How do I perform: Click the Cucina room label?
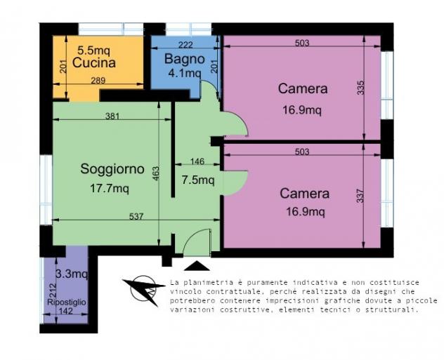(93, 62)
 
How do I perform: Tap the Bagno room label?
(185, 59)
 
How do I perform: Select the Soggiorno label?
(112, 169)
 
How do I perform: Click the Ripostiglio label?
(67, 302)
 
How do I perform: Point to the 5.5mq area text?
(93, 51)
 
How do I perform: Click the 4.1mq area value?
(185, 73)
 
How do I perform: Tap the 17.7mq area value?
(110, 188)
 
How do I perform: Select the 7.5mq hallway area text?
(198, 180)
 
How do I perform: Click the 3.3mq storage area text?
(72, 274)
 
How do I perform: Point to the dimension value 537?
(136, 216)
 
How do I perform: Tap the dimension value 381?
(112, 116)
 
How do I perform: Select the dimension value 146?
(197, 161)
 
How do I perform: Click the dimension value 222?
(185, 45)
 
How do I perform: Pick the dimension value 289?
(98, 81)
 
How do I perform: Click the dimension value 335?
(360, 88)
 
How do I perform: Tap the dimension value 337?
(360, 196)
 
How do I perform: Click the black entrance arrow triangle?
(197, 266)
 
